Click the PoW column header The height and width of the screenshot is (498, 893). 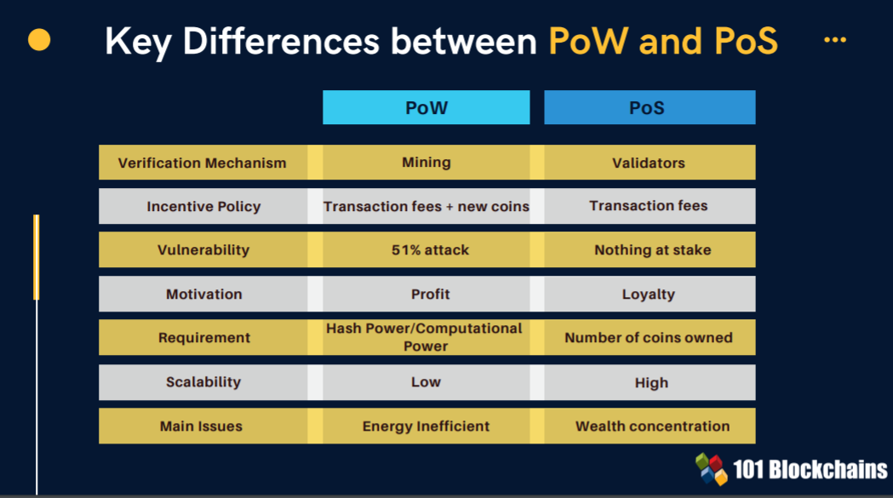pyautogui.click(x=426, y=107)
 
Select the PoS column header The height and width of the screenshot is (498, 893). pyautogui.click(x=650, y=107)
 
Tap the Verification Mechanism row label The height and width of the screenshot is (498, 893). pyautogui.click(x=203, y=163)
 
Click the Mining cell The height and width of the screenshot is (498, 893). pyautogui.click(x=426, y=163)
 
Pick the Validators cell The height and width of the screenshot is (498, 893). pyautogui.click(x=650, y=163)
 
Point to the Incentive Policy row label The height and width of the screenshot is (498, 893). pyautogui.click(x=203, y=206)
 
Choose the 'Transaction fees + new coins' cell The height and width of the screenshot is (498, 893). pyautogui.click(x=426, y=206)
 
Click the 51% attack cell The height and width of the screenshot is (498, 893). pyautogui.click(x=426, y=249)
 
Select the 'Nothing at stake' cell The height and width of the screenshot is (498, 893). pyautogui.click(x=650, y=249)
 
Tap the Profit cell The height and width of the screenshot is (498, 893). pyautogui.click(x=426, y=294)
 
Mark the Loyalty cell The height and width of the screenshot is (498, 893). pyautogui.click(x=650, y=294)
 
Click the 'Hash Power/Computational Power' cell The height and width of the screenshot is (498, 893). pyautogui.click(x=426, y=337)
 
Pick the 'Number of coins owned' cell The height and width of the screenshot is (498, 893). pyautogui.click(x=650, y=337)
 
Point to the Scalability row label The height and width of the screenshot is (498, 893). pyautogui.click(x=203, y=382)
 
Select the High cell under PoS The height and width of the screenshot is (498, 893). pyautogui.click(x=650, y=382)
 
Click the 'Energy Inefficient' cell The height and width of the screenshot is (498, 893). pyautogui.click(x=426, y=426)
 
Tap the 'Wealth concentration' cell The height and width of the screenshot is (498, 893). pyautogui.click(x=650, y=426)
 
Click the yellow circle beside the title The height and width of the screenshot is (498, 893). pyautogui.click(x=39, y=40)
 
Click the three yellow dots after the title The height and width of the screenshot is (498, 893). pyautogui.click(x=835, y=40)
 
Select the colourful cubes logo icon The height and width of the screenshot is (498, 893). pyautogui.click(x=712, y=469)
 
